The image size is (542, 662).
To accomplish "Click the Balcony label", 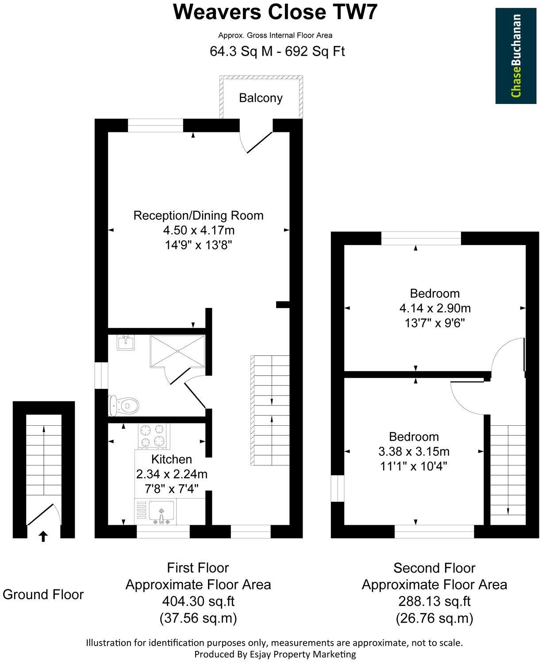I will click(261, 98).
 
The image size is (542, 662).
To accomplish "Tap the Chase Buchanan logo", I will click(515, 56).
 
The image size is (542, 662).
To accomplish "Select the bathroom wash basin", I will click(126, 343).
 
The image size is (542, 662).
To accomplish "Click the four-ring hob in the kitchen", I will click(154, 436).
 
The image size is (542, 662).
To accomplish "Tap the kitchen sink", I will click(162, 513).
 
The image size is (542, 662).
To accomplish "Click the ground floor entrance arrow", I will click(43, 537).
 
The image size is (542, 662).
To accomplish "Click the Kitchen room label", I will click(172, 459).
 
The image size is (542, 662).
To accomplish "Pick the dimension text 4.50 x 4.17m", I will click(199, 231).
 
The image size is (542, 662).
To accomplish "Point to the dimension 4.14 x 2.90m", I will click(434, 308).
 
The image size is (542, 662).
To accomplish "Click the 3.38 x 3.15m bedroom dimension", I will click(414, 452).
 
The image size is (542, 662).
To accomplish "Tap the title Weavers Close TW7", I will click(276, 12).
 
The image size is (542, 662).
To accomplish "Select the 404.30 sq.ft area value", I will click(198, 601).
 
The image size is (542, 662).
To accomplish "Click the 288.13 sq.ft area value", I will click(434, 601).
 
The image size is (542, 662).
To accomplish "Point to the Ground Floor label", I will click(43, 594).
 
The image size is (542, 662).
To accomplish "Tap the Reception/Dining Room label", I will click(198, 216).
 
